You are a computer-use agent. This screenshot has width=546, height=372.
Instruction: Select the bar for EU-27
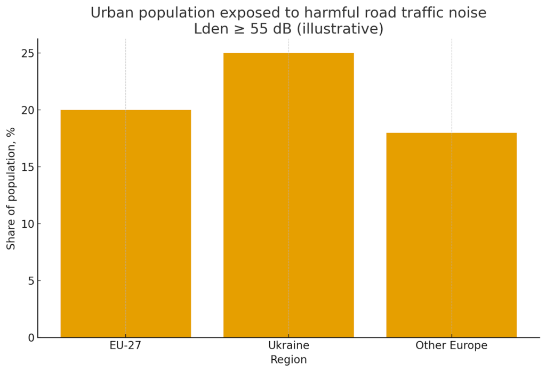[126, 224]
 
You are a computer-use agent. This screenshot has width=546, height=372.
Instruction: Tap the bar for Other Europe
[451, 235]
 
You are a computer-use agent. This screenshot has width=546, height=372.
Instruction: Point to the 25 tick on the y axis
[28, 53]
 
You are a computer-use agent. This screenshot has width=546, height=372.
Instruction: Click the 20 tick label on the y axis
[28, 110]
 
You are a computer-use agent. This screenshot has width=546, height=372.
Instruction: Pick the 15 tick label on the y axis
[28, 167]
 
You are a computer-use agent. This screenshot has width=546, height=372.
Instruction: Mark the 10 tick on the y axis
[28, 224]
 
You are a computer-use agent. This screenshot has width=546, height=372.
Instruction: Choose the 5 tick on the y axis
[31, 280]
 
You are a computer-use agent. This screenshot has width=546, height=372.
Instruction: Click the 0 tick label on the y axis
[31, 337]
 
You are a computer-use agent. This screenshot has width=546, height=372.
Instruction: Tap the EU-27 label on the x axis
[126, 345]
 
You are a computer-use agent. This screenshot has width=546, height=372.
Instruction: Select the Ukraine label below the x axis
[288, 345]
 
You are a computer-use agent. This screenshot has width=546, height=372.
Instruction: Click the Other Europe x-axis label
[451, 345]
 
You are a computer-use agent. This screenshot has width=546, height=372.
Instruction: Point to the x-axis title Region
[288, 360]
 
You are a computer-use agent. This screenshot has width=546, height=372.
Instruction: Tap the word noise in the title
[469, 13]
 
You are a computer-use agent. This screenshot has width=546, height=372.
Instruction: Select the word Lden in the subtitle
[209, 29]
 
